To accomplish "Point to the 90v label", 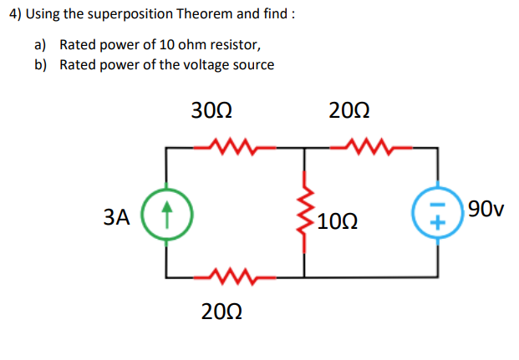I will [x=486, y=208].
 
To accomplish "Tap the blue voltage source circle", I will [x=436, y=215].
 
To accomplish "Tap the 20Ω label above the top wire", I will [x=349, y=110].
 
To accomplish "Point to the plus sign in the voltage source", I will [x=436, y=224].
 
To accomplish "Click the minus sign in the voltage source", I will [x=436, y=207].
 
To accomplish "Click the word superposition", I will [x=121, y=14].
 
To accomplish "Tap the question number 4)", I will [x=12, y=14].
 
